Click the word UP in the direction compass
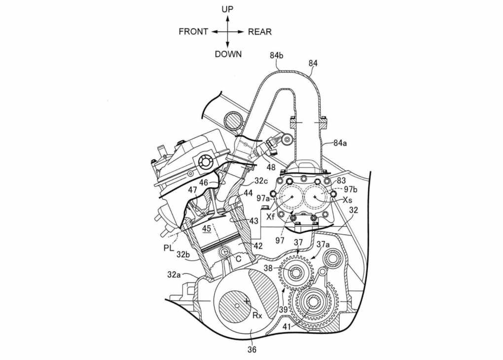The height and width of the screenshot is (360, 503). coord(227,9)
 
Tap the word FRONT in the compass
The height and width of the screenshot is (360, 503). coord(193,32)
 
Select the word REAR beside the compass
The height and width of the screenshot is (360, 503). coord(259,32)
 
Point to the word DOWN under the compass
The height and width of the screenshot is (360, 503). coord(228,54)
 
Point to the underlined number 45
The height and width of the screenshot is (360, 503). coord(206,228)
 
